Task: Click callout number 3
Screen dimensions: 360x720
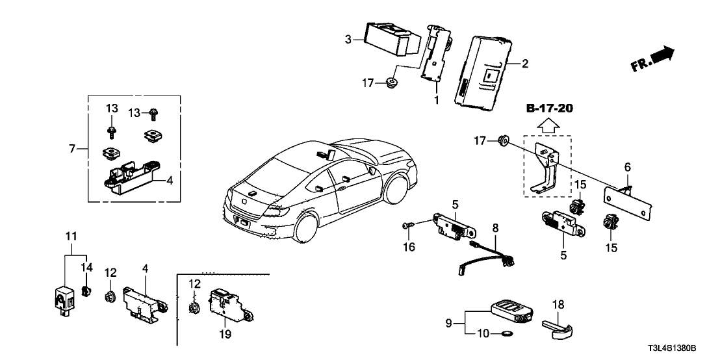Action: point(348,40)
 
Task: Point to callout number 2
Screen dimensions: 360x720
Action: point(525,64)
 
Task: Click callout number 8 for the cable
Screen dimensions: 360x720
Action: point(495,228)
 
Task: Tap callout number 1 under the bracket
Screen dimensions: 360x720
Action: point(437,101)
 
